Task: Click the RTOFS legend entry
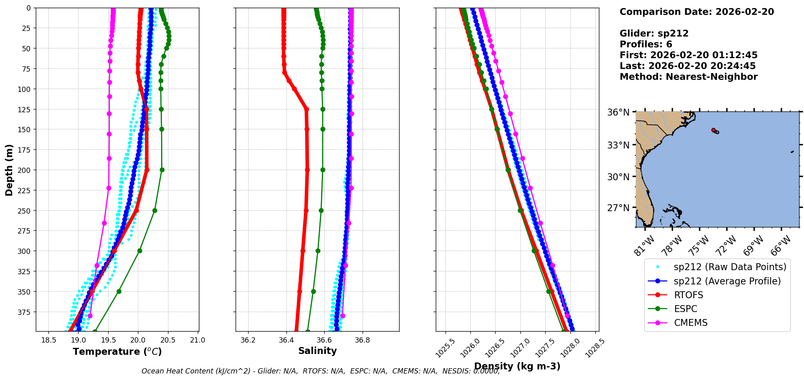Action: pos(688,295)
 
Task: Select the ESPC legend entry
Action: pos(685,309)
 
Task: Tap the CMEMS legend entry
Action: pos(690,323)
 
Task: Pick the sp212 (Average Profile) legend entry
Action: pos(727,281)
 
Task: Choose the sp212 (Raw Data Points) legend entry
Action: pos(730,267)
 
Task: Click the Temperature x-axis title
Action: pos(117,352)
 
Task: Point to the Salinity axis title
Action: pos(317,351)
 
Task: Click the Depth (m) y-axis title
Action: pos(9,170)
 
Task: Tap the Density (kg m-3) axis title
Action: pos(517,366)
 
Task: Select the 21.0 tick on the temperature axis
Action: pos(198,340)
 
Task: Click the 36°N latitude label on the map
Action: pos(618,112)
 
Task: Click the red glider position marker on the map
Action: pos(713,130)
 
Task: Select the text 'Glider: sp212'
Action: pos(654,33)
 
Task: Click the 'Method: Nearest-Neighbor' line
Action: pos(688,76)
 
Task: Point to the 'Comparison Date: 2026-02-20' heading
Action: pos(697,12)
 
